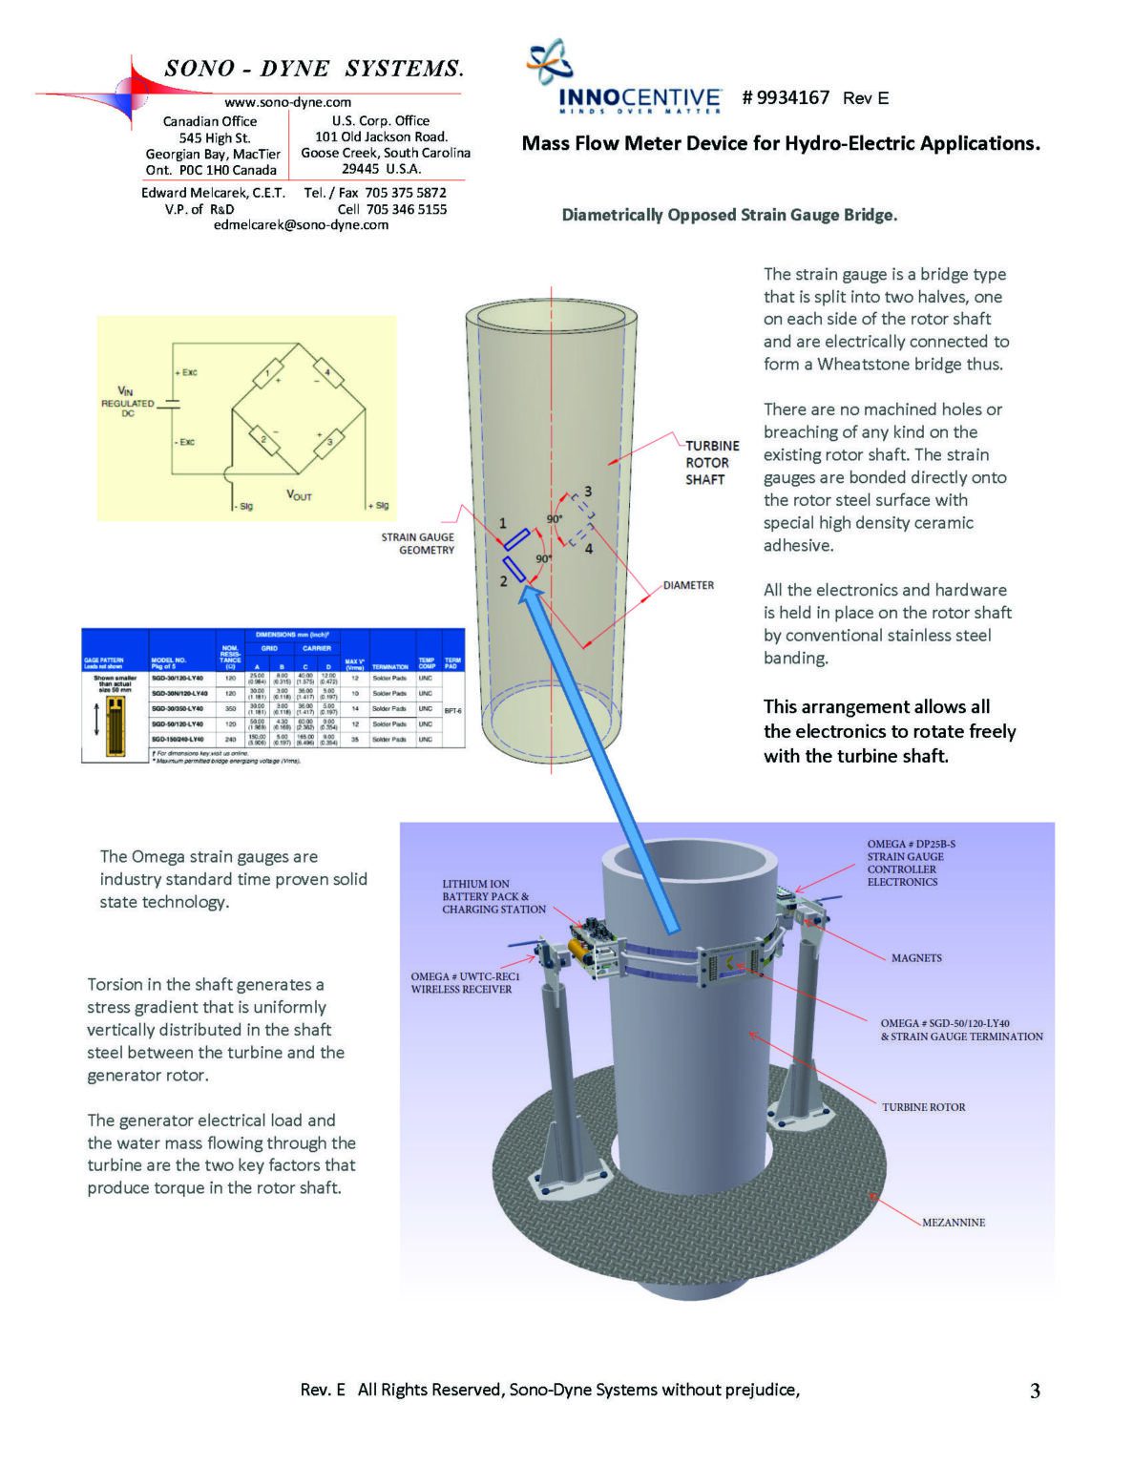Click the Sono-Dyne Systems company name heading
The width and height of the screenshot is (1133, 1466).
(313, 69)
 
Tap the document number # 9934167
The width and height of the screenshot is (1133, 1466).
(785, 97)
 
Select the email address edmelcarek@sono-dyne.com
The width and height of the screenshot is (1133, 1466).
(301, 225)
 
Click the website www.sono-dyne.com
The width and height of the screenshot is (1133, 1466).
(287, 102)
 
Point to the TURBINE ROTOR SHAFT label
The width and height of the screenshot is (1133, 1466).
(711, 463)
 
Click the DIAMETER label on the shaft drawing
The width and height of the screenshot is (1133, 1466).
(688, 585)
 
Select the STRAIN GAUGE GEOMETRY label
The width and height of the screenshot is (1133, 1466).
(418, 544)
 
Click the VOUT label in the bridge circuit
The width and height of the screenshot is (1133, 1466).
(299, 494)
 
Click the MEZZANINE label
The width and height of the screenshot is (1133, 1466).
(953, 1223)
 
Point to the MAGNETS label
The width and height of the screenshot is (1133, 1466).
(915, 958)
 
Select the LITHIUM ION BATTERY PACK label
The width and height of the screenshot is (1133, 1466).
(493, 897)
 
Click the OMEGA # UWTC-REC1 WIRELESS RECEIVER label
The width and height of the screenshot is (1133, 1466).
(465, 983)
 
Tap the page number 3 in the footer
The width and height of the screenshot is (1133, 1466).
(1035, 1392)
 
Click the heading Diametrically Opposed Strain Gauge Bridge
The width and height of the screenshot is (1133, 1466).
(729, 216)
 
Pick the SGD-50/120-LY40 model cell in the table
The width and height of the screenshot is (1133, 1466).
(177, 724)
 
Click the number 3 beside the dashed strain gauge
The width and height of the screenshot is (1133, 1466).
(588, 492)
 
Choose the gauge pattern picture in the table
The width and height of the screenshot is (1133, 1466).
(115, 720)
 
